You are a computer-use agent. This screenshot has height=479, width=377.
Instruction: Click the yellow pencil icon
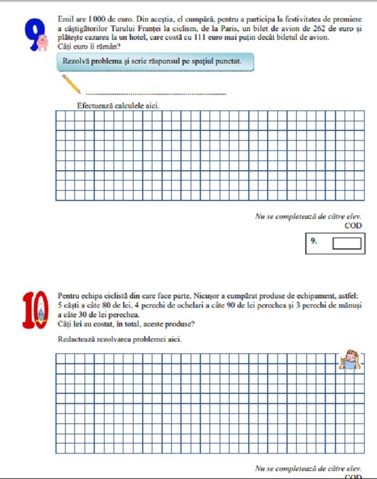[71, 84]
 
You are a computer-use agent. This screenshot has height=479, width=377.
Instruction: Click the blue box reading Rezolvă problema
[155, 62]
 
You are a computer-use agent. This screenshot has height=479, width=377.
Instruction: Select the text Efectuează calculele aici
[118, 106]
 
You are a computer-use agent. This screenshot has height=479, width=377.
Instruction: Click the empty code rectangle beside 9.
[346, 244]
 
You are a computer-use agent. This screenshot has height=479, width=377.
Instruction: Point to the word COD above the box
[353, 226]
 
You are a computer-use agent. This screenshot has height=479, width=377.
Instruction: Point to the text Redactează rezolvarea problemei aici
[119, 340]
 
